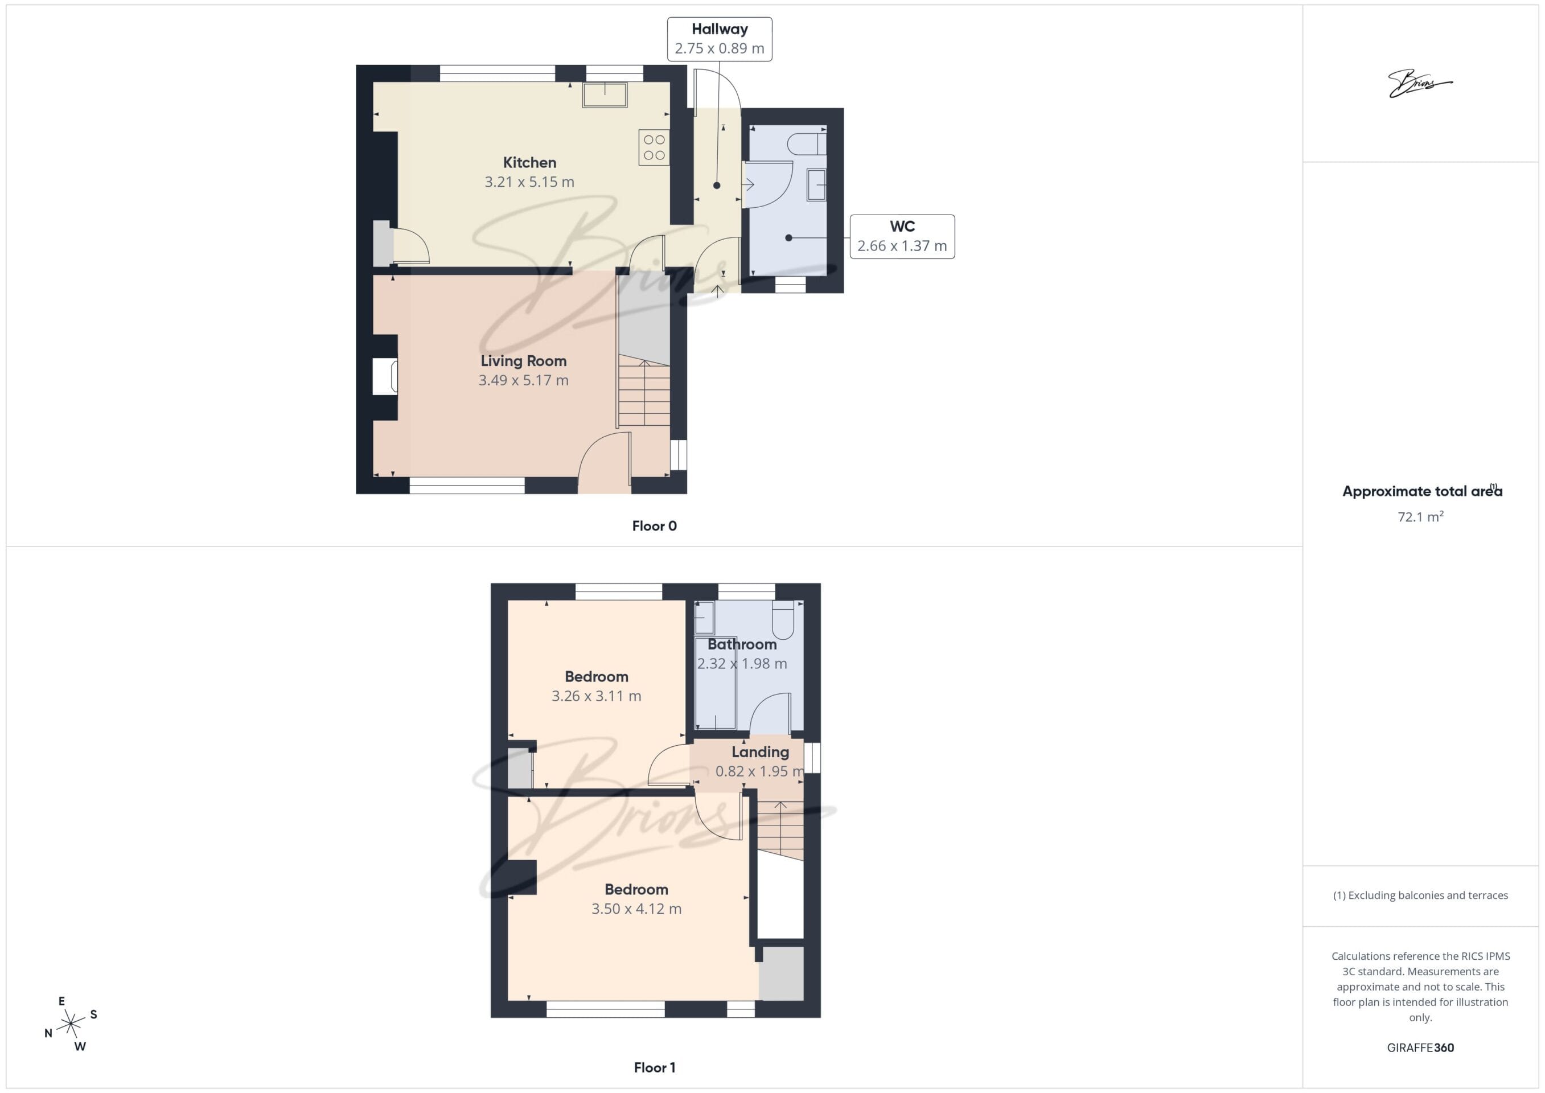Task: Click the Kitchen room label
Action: (x=529, y=162)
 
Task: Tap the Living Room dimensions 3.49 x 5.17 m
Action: (x=524, y=380)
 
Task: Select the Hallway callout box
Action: (x=720, y=39)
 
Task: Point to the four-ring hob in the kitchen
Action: (x=654, y=147)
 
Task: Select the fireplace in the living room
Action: (x=385, y=376)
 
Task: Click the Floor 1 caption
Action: (x=654, y=1067)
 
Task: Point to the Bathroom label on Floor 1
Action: (x=742, y=644)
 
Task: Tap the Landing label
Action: (x=761, y=752)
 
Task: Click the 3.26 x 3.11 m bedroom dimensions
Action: (x=596, y=696)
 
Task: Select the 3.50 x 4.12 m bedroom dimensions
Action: (x=636, y=909)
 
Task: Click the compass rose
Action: (x=71, y=1024)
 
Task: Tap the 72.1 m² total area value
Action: (x=1420, y=517)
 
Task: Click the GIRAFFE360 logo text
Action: (x=1420, y=1047)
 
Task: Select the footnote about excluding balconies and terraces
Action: (x=1420, y=895)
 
